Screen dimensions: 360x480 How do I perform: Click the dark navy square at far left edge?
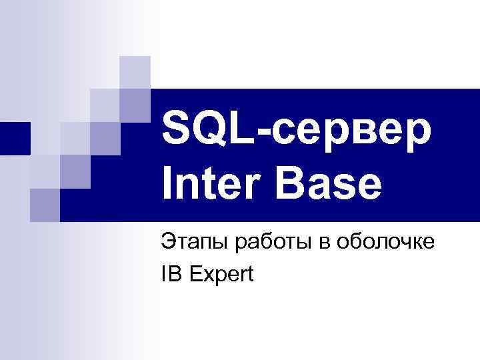(15, 139)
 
